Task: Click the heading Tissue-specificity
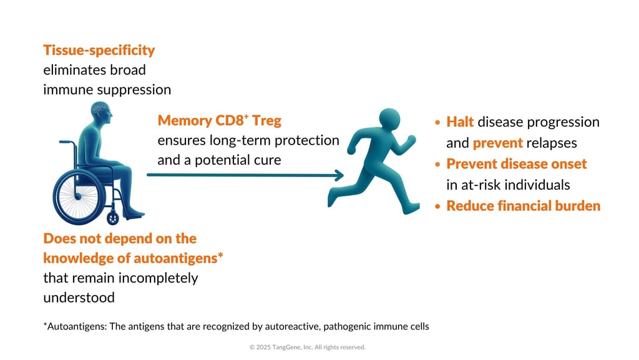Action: point(99,51)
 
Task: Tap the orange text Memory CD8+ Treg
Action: point(219,120)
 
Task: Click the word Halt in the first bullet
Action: point(460,122)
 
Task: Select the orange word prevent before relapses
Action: point(497,143)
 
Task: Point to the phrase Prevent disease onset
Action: point(517,164)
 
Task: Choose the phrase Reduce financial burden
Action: point(523,206)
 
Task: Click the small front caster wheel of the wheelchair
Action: point(113,218)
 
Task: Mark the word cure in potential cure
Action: point(265,160)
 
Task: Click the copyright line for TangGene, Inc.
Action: point(307,347)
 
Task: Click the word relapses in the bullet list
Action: point(552,143)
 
